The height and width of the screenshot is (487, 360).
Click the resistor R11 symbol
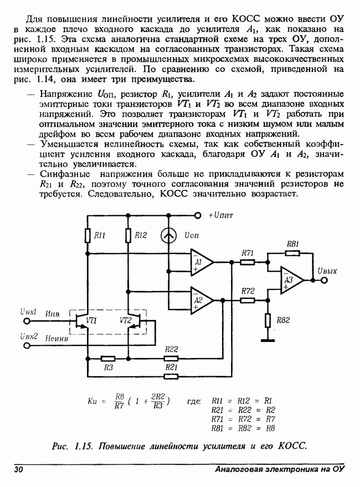click(88, 236)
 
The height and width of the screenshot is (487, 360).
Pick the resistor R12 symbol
click(128, 236)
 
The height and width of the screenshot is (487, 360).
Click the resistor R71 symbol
click(248, 261)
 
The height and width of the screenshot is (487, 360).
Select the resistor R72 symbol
click(248, 300)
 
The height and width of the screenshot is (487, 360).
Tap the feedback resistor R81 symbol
click(292, 252)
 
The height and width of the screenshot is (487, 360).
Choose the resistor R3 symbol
click(108, 358)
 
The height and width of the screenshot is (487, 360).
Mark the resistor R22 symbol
click(171, 358)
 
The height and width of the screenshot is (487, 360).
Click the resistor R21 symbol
click(171, 376)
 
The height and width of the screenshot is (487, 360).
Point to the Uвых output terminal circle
click(324, 281)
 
